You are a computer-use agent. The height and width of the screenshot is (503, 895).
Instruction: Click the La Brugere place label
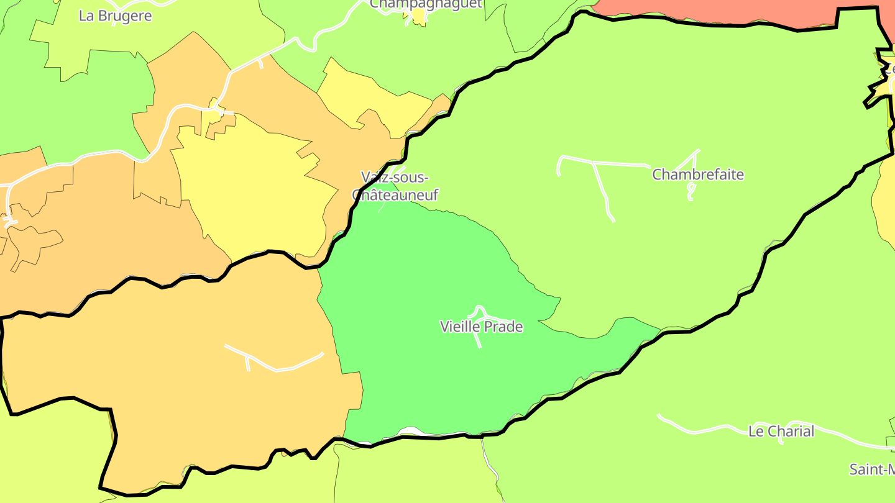coord(115,16)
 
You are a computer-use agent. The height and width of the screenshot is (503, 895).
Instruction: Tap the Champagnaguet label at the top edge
coord(426,4)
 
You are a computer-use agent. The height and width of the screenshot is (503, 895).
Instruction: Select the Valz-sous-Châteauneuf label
coord(395,186)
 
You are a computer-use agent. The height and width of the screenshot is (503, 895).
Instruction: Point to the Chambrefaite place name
coord(697,174)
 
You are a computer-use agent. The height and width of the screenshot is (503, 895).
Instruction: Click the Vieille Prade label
coord(481,327)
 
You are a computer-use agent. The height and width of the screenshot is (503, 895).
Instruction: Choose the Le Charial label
coord(781,431)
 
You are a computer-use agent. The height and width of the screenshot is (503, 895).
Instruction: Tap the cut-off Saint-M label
coord(871,469)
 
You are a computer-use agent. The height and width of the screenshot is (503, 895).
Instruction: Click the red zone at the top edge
coord(715,11)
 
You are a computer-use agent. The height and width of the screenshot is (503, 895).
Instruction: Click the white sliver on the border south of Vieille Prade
coord(413,432)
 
